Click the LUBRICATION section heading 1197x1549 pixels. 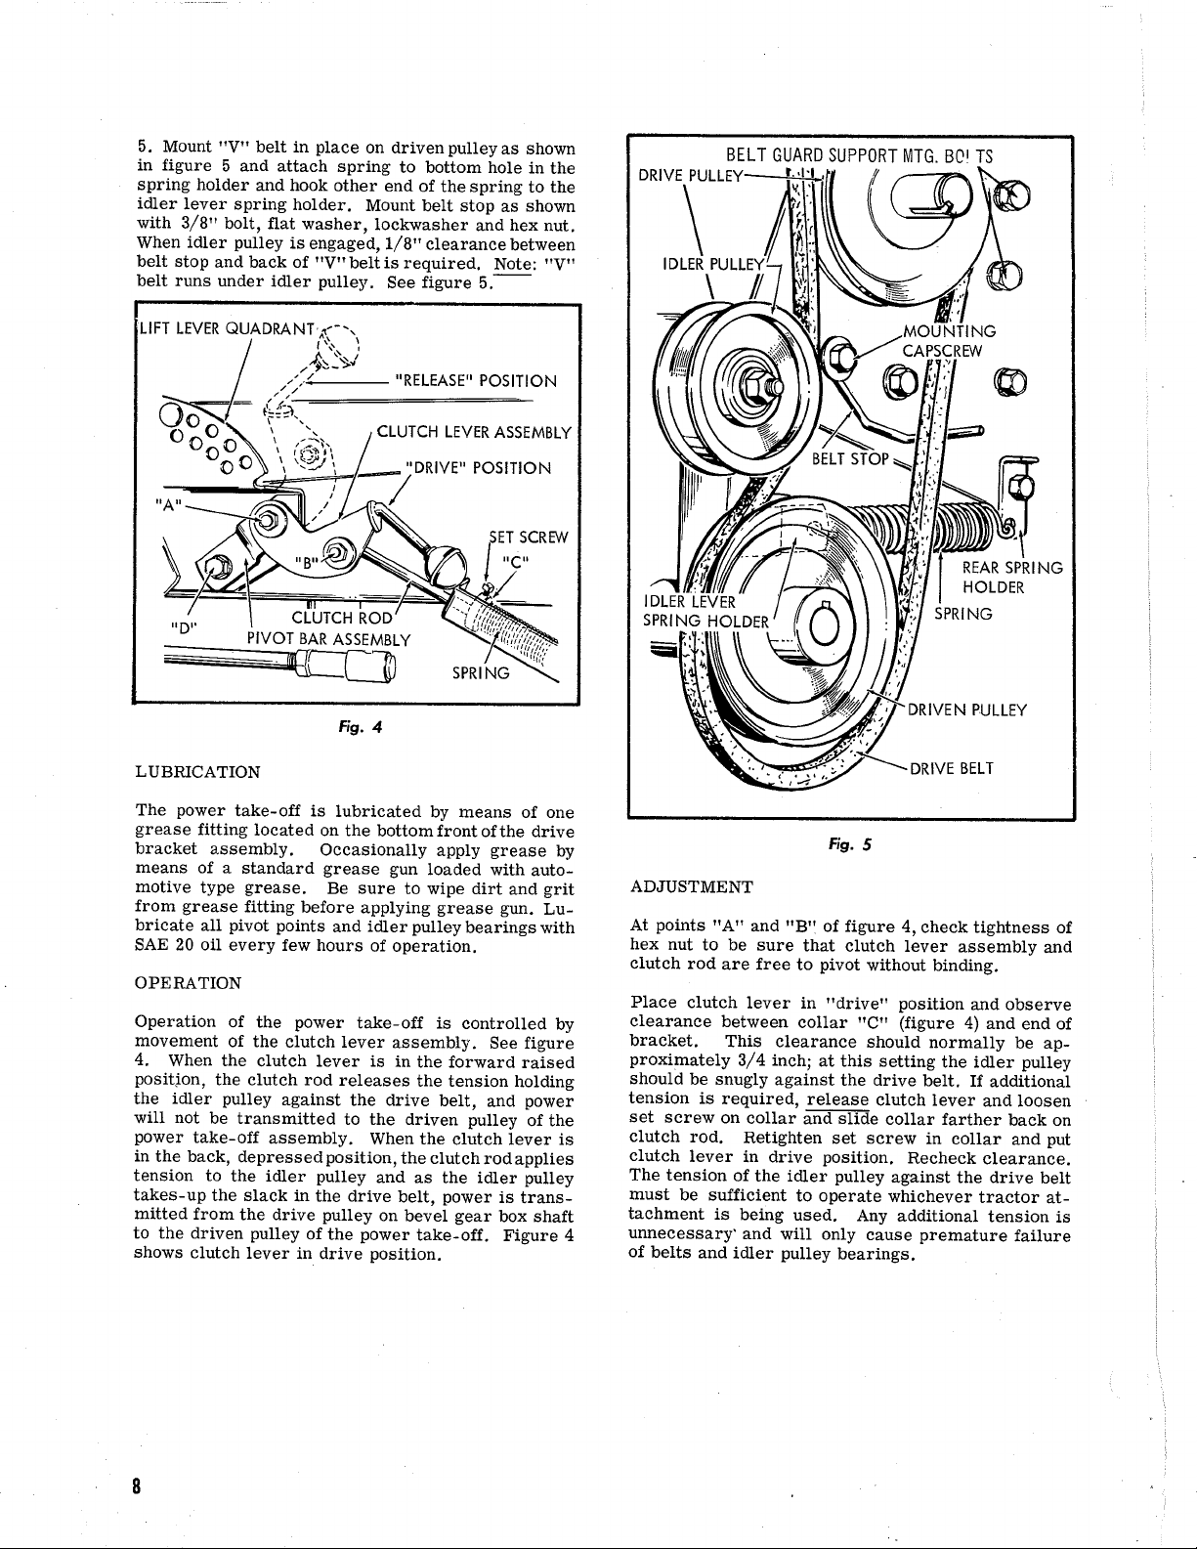(x=196, y=772)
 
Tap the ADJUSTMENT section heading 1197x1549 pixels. (x=692, y=886)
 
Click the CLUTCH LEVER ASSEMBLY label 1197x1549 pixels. (x=474, y=431)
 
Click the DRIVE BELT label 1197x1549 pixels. (x=952, y=768)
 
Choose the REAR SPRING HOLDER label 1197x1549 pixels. (x=1011, y=577)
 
